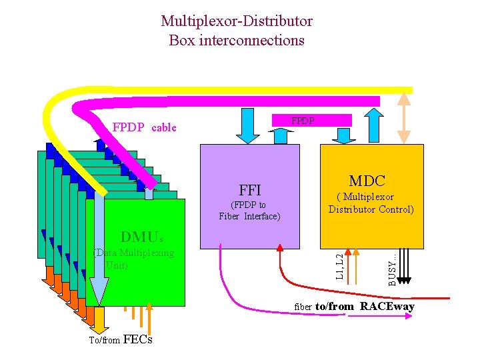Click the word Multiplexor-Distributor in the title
[x=236, y=21]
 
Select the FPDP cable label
[x=144, y=127]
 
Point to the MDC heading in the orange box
[x=367, y=181]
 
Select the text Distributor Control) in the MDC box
[x=371, y=209]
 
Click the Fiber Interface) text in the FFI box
[x=249, y=216]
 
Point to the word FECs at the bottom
[x=138, y=339]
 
